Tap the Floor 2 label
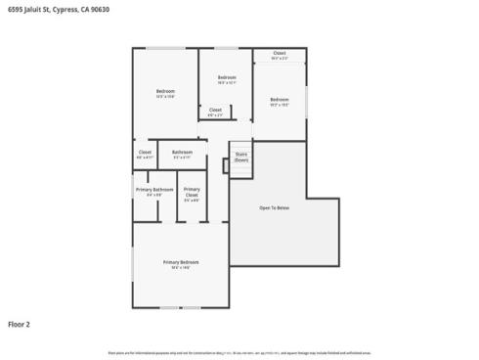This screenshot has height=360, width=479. pyautogui.click(x=20, y=323)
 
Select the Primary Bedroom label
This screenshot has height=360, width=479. pyautogui.click(x=181, y=262)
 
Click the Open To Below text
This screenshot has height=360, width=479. pyautogui.click(x=274, y=208)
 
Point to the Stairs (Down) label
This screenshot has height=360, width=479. pyautogui.click(x=241, y=157)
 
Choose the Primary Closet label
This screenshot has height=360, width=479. pyautogui.click(x=192, y=192)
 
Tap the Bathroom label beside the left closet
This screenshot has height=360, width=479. pyautogui.click(x=182, y=152)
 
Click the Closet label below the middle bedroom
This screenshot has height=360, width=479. pyautogui.click(x=215, y=110)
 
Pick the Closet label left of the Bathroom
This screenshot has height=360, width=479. pyautogui.click(x=145, y=152)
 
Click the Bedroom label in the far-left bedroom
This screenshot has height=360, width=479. pyautogui.click(x=165, y=91)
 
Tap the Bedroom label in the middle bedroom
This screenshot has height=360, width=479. pyautogui.click(x=227, y=77)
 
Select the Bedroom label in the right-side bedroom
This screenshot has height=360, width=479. pyautogui.click(x=280, y=99)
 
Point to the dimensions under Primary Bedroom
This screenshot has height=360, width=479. pyautogui.click(x=181, y=268)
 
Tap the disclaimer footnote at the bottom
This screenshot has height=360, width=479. pyautogui.click(x=239, y=352)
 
